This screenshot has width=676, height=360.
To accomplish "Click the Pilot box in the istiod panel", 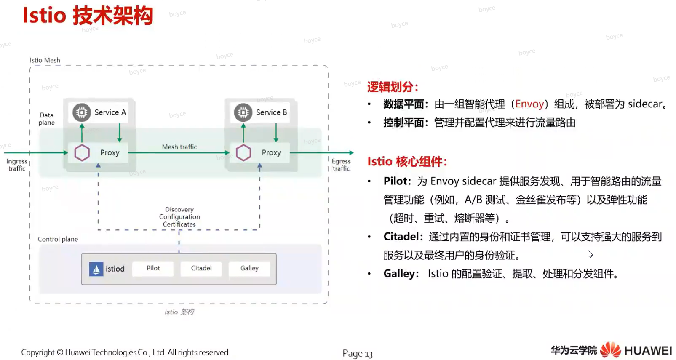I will [153, 268].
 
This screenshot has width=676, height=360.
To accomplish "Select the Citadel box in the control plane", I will [201, 268].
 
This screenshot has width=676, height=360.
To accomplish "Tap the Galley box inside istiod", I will [249, 268].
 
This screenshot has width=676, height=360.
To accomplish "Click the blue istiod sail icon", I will [96, 269].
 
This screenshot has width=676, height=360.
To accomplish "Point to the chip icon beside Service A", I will [82, 112].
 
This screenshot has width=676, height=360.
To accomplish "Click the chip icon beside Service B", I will [243, 112].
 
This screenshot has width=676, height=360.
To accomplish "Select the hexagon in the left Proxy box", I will [82, 152].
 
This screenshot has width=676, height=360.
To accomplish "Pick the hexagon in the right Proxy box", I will [243, 152].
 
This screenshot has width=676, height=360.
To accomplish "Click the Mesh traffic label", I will [179, 147].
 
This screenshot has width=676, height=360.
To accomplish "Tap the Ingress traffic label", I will [17, 165].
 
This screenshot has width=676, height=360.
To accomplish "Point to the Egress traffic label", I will [341, 165].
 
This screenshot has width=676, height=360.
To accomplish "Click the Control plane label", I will [58, 239].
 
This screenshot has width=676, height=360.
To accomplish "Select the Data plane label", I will [46, 119].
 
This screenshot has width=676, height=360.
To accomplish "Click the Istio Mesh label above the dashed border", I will [45, 60].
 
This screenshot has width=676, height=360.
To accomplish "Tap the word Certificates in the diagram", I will [179, 224].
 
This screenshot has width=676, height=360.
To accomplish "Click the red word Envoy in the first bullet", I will [529, 104].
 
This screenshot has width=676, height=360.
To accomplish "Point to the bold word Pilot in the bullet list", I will [395, 181].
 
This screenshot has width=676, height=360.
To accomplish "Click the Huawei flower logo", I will [610, 350].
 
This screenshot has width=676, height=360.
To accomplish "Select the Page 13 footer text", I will [358, 353].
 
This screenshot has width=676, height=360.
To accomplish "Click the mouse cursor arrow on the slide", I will [590, 254].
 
